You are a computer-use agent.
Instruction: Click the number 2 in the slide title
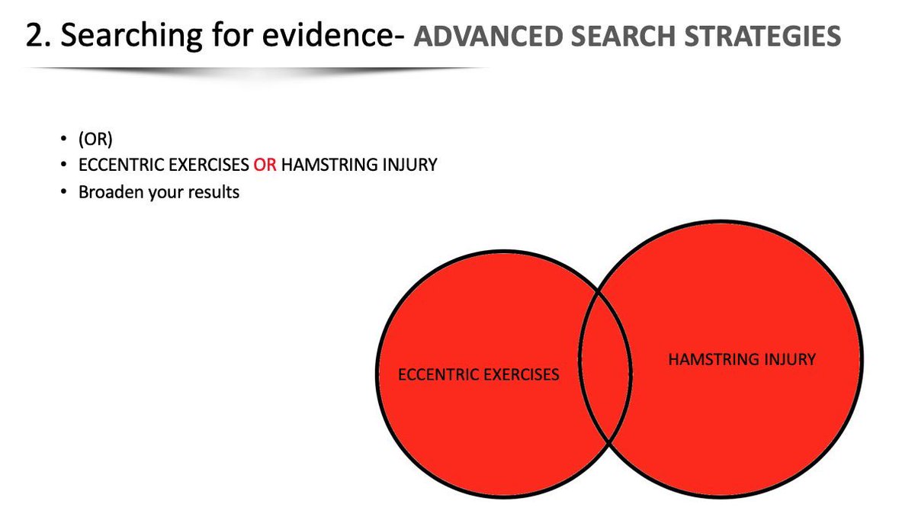pyautogui.click(x=34, y=36)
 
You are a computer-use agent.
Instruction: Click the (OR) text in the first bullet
pyautogui.click(x=95, y=140)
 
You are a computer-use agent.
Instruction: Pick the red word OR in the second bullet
pyautogui.click(x=265, y=165)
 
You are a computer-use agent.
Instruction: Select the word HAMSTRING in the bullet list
pyautogui.click(x=321, y=165)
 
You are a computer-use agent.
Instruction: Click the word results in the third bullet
pyautogui.click(x=215, y=191)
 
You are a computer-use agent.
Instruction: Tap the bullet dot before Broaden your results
pyautogui.click(x=63, y=191)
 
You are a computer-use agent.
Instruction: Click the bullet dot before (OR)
pyautogui.click(x=63, y=140)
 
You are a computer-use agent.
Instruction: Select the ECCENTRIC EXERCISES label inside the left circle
pyautogui.click(x=479, y=374)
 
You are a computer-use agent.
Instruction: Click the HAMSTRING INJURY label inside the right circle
pyautogui.click(x=741, y=359)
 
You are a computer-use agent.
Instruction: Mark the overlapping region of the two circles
pyautogui.click(x=606, y=366)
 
